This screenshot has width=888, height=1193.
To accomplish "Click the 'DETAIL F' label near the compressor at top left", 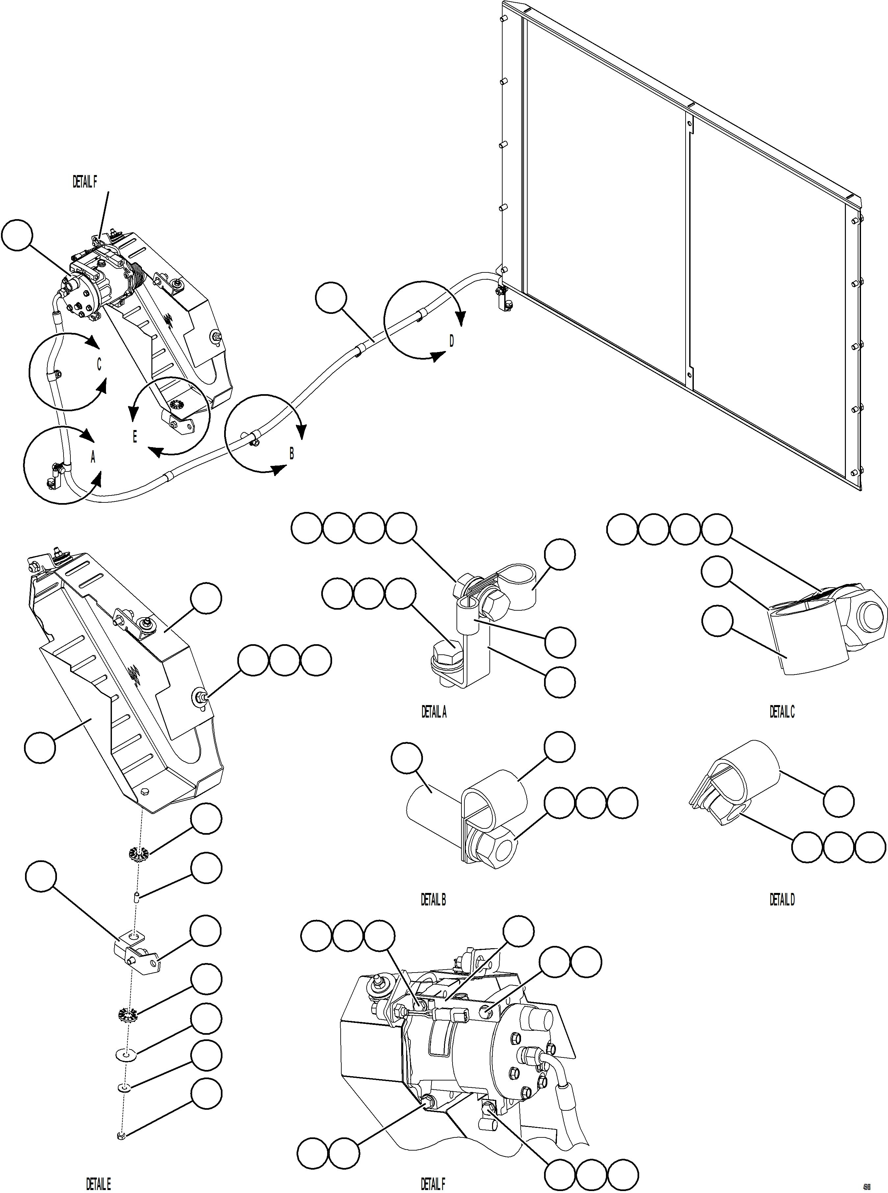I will (85, 182).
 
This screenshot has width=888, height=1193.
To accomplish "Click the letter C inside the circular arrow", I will (99, 365).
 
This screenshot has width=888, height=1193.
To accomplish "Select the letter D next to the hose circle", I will (452, 341).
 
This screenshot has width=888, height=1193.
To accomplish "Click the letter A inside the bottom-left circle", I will (93, 457).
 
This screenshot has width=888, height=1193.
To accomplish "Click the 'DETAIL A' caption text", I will (434, 712).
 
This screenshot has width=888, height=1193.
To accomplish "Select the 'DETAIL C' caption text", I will (782, 712).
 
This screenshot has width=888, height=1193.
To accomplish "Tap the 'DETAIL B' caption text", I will (433, 900).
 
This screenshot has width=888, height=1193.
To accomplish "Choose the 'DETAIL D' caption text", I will (782, 900).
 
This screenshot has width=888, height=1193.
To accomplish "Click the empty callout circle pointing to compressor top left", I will (17, 235).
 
